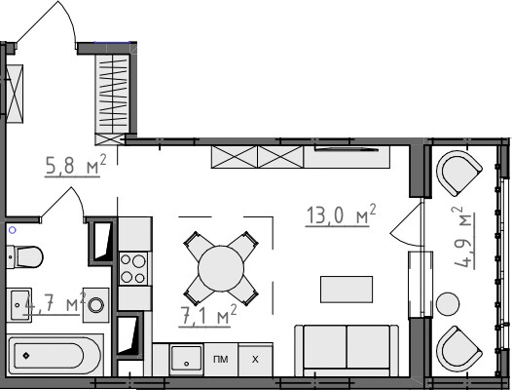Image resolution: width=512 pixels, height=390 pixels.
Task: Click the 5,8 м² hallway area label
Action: [x=76, y=165]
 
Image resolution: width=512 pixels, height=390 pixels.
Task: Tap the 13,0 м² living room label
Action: [x=342, y=214]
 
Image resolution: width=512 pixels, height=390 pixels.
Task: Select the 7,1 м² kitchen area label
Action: [x=207, y=315]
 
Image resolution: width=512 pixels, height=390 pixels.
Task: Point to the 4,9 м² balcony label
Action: [x=464, y=238]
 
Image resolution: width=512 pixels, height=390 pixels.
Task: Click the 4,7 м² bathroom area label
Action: [x=54, y=303]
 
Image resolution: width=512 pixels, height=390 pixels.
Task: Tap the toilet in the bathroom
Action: [x=24, y=256]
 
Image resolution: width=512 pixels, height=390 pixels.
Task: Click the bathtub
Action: [x=55, y=355]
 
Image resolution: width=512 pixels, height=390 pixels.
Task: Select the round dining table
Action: [x=221, y=269]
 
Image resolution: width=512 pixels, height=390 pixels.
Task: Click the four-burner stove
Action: [x=134, y=269]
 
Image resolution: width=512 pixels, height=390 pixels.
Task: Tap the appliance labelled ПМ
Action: [x=221, y=360]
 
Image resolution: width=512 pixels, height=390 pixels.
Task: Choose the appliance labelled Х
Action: [x=255, y=360]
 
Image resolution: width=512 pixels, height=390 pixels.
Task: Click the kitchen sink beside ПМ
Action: [x=187, y=359]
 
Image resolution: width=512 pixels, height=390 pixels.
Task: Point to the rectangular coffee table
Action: [x=347, y=290]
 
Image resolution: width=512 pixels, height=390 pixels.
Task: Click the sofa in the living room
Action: [x=347, y=350]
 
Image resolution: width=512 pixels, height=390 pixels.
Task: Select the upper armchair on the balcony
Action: [x=459, y=174]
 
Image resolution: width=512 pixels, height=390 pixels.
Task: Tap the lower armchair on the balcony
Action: [x=459, y=348]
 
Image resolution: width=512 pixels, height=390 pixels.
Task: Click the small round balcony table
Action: [x=448, y=304]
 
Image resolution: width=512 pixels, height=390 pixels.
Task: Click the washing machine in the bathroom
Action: [x=95, y=305]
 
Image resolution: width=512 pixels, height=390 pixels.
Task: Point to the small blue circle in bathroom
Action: [x=13, y=230]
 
